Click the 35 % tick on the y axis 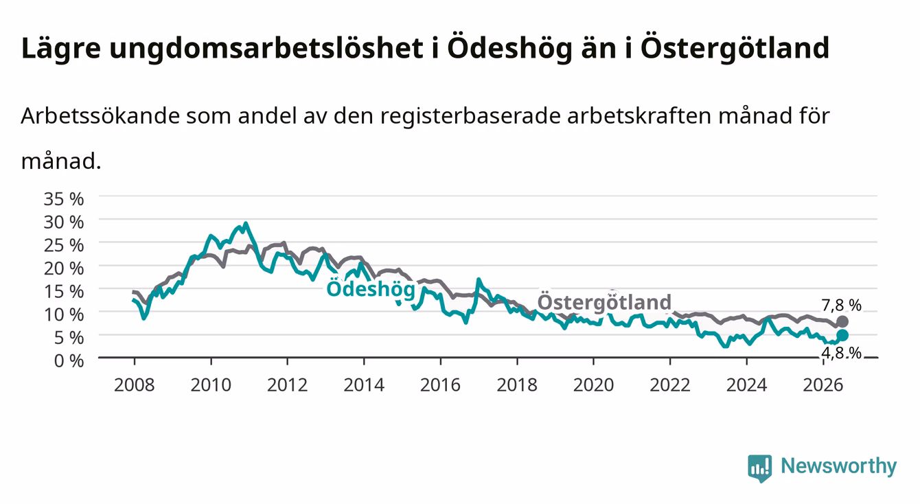[64, 199]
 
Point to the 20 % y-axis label [64, 268]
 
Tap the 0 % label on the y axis [69, 360]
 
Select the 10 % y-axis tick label [64, 314]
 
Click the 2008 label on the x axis [135, 385]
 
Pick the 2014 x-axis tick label [364, 385]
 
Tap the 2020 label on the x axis [593, 385]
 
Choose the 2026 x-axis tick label [823, 385]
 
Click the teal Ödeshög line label [371, 288]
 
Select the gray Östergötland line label [604, 302]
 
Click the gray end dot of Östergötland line [842, 321]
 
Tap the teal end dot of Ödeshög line [842, 336]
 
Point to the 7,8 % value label [842, 305]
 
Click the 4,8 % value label [842, 353]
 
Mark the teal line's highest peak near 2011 [246, 224]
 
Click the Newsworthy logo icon [760, 468]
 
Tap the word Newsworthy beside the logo [839, 466]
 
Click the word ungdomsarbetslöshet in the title [266, 49]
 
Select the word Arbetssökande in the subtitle [100, 116]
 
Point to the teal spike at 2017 [479, 280]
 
